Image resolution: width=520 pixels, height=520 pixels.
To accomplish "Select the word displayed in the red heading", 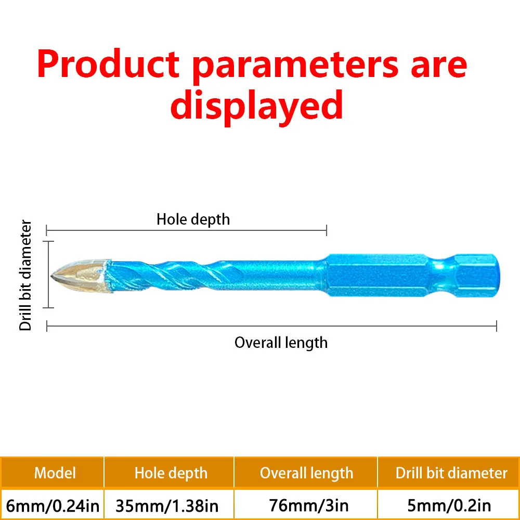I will tap(256, 106).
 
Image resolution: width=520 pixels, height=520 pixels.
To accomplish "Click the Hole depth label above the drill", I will tap(193, 219).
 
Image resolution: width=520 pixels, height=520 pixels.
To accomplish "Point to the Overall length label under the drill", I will tap(281, 343).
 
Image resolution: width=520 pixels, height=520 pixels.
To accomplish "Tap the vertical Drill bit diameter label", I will tap(27, 276).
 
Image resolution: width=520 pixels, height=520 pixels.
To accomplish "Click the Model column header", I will tap(55, 473).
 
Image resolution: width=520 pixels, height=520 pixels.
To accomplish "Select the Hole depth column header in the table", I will tap(171, 473).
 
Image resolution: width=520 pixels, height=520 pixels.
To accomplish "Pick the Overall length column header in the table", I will tap(306, 473).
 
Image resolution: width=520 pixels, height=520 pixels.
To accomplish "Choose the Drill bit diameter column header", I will tap(451, 473).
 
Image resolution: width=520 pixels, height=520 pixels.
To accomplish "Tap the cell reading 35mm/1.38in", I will tap(170, 504).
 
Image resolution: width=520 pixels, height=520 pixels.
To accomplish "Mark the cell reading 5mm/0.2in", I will tap(449, 504).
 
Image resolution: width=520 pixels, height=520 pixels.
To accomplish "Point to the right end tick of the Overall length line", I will tap(497, 326).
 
